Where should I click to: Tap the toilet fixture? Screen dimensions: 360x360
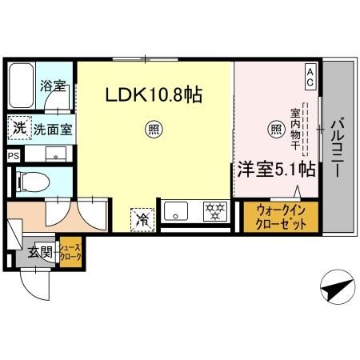click(x=32, y=180)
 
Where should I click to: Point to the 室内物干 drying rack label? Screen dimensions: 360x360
click(x=294, y=129)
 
